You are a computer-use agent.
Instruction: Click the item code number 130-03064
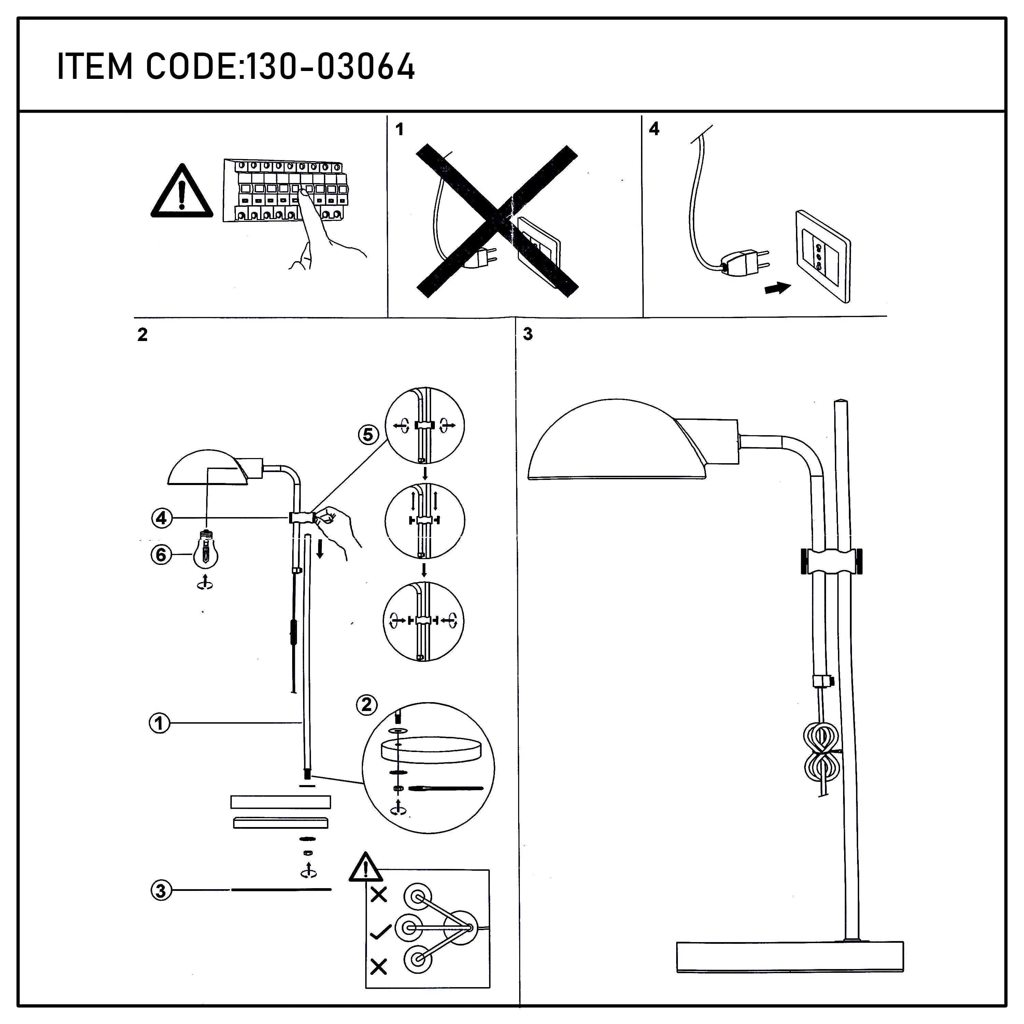[331, 67]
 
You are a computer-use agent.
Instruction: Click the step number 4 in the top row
[654, 129]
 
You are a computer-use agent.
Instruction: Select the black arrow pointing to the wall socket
[778, 289]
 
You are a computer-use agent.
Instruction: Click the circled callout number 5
[368, 435]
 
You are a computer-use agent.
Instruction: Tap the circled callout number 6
[161, 555]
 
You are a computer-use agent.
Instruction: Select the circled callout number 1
[159, 723]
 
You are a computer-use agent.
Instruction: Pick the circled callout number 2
[367, 705]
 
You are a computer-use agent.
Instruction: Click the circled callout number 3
[161, 891]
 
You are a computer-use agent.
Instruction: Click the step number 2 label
[142, 335]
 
